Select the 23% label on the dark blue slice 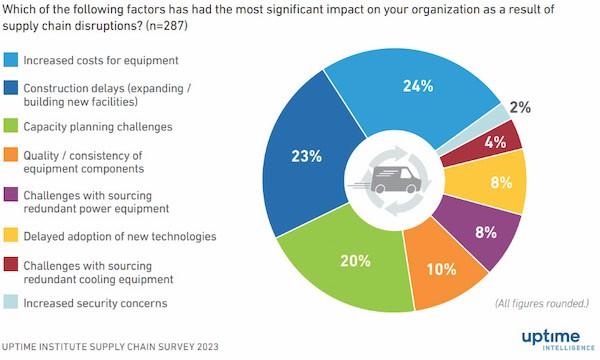(x=306, y=156)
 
